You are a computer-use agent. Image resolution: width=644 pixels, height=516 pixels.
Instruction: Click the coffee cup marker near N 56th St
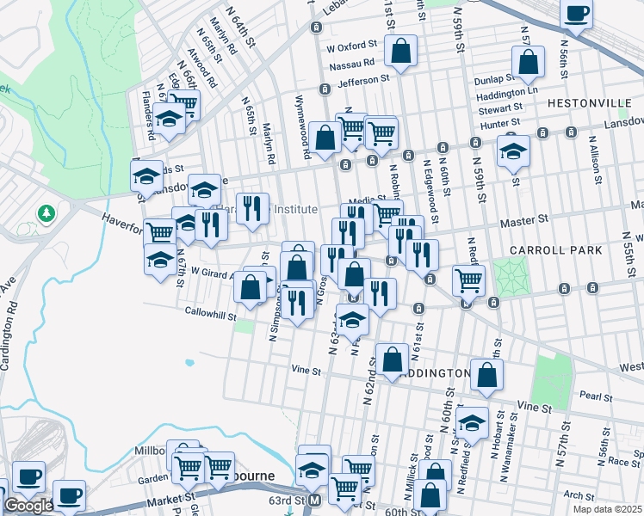click(x=576, y=14)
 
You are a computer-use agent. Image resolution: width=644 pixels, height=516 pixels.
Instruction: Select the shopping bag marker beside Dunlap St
click(x=527, y=62)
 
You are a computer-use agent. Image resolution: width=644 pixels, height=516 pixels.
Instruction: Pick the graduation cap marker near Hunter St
click(x=513, y=151)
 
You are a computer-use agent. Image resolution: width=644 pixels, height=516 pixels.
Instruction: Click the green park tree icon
click(x=46, y=212)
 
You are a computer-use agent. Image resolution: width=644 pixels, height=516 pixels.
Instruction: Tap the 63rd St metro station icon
click(x=315, y=500)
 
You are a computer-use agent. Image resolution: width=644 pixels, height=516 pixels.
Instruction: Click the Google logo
click(x=28, y=506)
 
